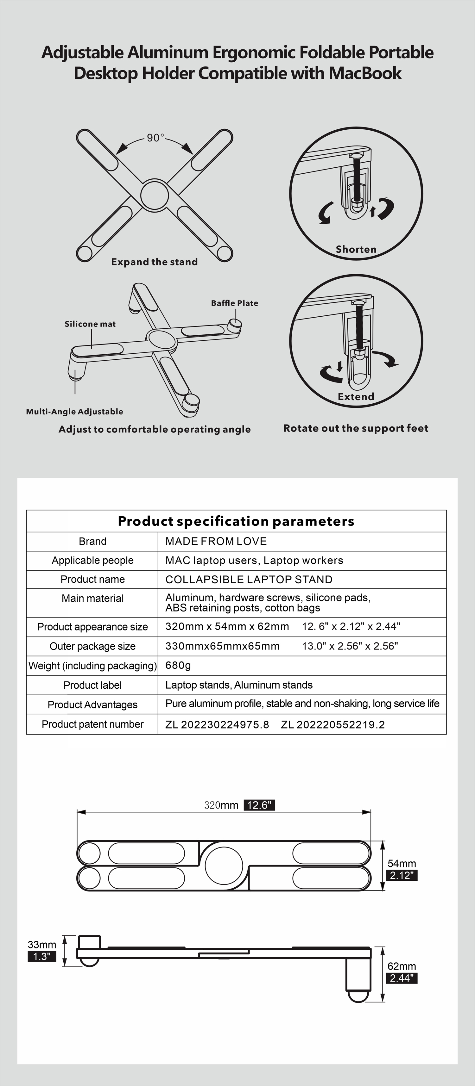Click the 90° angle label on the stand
click(x=155, y=138)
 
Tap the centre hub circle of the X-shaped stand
click(x=155, y=195)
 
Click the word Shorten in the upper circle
click(x=356, y=249)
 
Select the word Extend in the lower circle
click(x=356, y=397)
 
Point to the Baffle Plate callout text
click(x=235, y=303)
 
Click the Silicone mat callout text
click(x=90, y=324)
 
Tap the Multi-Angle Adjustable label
click(x=75, y=412)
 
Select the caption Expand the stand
click(x=155, y=262)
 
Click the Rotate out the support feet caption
click(x=356, y=428)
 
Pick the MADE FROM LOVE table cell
click(x=216, y=541)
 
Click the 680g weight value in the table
click(x=178, y=665)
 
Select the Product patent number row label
click(x=92, y=724)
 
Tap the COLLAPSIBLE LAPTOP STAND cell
click(x=249, y=579)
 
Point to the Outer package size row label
click(x=92, y=646)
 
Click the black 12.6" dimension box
click(x=259, y=805)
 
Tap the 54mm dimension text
click(x=402, y=863)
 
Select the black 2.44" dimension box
click(x=402, y=978)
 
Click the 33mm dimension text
click(x=42, y=945)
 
